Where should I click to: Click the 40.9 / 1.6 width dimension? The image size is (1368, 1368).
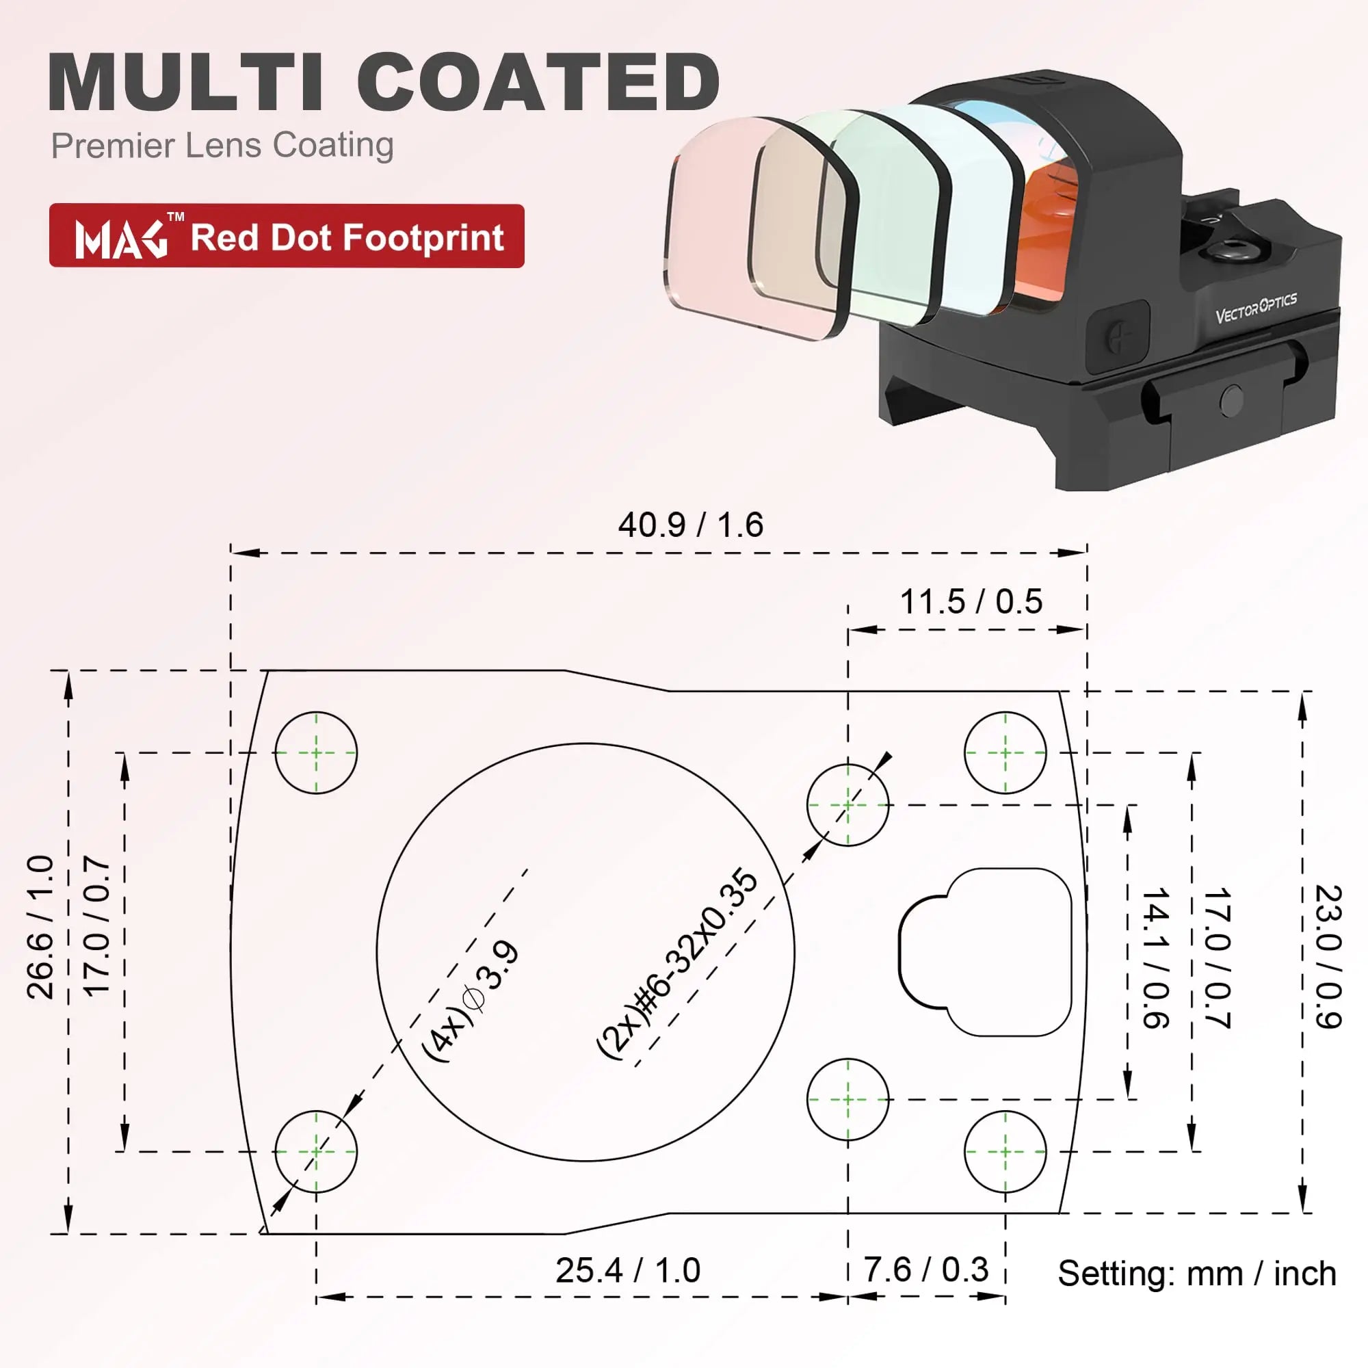click(690, 525)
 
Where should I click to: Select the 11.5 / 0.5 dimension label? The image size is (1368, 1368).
click(971, 602)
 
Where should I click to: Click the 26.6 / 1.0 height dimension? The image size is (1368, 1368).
click(40, 927)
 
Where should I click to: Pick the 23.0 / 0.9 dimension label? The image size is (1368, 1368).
click(1328, 957)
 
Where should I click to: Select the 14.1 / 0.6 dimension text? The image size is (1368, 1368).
click(1155, 958)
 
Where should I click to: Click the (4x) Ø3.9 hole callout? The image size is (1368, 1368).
click(471, 1001)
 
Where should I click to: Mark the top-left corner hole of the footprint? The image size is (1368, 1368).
click(316, 752)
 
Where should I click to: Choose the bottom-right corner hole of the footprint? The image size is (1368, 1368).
click(1005, 1151)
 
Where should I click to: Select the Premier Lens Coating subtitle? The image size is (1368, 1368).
click(222, 146)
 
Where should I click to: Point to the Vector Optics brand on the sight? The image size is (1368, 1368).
click(1255, 308)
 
